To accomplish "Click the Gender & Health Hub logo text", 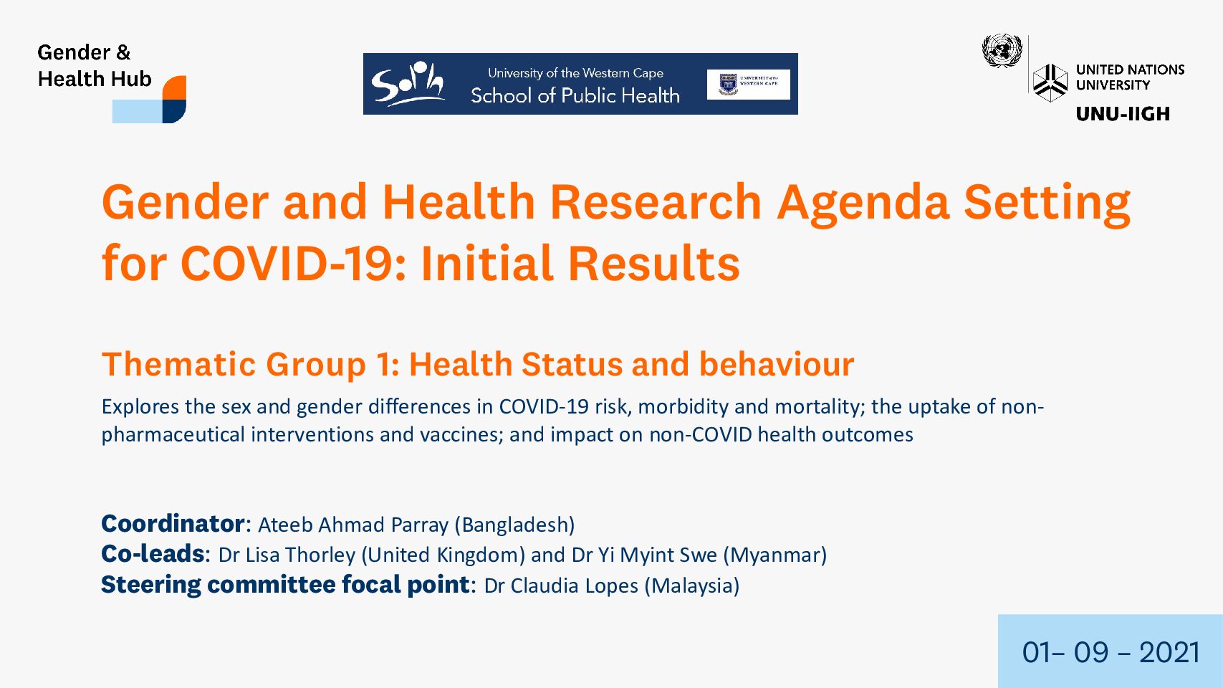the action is pos(95,65).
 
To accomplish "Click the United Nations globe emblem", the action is pos(1002,51).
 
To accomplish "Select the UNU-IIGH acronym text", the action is pos(1123,113).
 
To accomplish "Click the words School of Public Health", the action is pos(575,95).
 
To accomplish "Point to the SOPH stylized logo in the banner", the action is pos(408,83).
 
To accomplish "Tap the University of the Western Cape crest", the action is pos(729,84).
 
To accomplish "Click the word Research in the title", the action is pos(655,201).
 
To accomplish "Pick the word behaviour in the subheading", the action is pos(777,364).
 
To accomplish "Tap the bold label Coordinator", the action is pos(173,524).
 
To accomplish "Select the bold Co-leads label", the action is pos(153,554).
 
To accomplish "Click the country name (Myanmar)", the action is pos(775,555).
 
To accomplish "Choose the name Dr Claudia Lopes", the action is pos(561,586).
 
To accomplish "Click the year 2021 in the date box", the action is pos(1169,652).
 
